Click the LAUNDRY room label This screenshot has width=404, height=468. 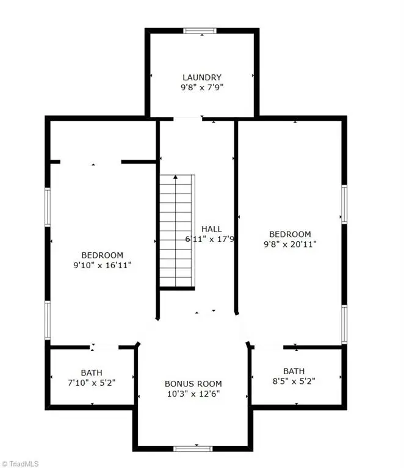pyautogui.click(x=202, y=77)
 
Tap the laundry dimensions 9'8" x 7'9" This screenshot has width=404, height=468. pyautogui.click(x=202, y=88)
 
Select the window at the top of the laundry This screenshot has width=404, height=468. pyautogui.click(x=200, y=30)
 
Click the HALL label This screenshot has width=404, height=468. pyautogui.click(x=212, y=229)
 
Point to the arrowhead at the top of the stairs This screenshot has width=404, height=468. pyautogui.click(x=176, y=177)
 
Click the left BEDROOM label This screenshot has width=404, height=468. pyautogui.click(x=103, y=255)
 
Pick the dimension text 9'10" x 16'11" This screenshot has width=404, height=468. pyautogui.click(x=103, y=265)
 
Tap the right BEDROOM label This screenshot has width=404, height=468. pyautogui.click(x=290, y=234)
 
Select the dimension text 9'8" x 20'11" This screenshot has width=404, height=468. pyautogui.click(x=290, y=244)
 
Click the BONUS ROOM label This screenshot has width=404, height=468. pyautogui.click(x=193, y=384)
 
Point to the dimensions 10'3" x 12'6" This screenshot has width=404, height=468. pyautogui.click(x=193, y=394)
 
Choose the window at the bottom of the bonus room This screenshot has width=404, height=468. pyautogui.click(x=193, y=449)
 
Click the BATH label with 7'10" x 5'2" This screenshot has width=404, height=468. pyautogui.click(x=92, y=372)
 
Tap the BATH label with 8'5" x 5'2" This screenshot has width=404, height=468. pyautogui.click(x=294, y=370)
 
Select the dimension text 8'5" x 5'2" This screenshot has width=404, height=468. pyautogui.click(x=294, y=381)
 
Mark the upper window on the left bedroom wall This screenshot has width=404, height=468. pyautogui.click(x=48, y=207)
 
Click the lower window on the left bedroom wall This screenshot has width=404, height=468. pyautogui.click(x=48, y=321)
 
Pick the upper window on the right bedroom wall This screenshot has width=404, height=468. pyautogui.click(x=344, y=205)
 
